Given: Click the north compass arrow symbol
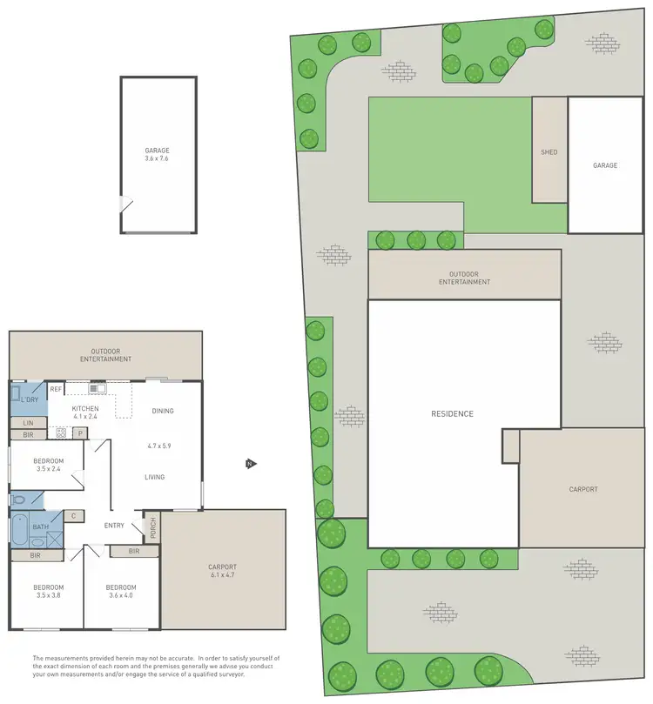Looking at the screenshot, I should pos(250,464).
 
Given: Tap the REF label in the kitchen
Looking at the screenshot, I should pos(56,389).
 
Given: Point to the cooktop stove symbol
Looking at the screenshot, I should pos(62,432).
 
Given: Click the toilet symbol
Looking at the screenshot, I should pos(17,500).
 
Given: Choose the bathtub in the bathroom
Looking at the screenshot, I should pos(18,530).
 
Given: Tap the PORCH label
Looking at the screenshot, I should pos(152,528).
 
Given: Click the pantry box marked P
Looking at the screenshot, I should pos(79,432).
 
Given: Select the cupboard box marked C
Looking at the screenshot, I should pos(73,515).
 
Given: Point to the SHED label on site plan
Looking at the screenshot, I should pos(549,152).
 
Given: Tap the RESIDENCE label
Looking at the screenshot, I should pos(453,414).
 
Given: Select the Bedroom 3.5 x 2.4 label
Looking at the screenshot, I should pos(48,465).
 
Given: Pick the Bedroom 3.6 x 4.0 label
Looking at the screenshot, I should pos(121,591).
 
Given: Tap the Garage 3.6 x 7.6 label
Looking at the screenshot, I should pos(158,154).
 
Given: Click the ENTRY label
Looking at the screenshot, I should pos(114,525).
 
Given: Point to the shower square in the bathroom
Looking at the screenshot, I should pos(55,533).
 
